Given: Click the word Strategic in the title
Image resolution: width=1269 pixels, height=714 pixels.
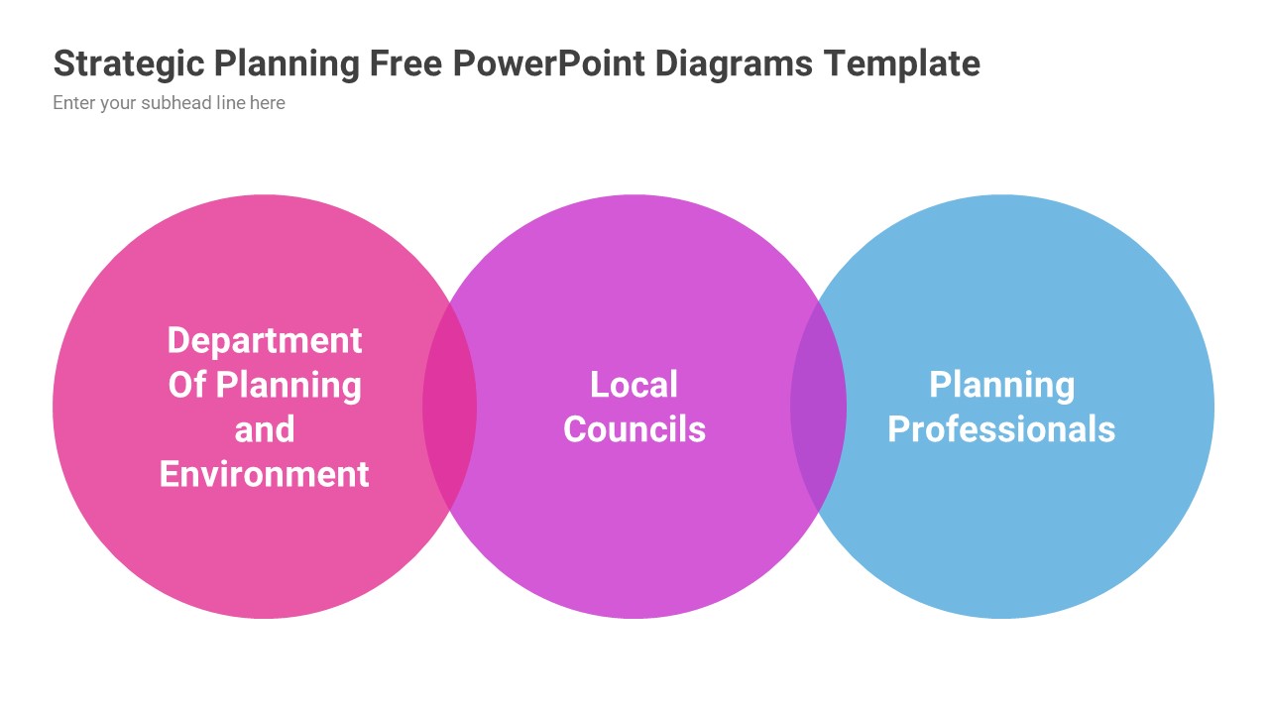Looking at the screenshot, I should (x=128, y=63).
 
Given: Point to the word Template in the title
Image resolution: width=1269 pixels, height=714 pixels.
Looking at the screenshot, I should (x=902, y=63).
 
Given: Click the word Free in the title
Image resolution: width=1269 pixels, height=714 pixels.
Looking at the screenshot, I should (x=405, y=63).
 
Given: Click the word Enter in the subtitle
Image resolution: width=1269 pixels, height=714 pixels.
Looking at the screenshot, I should (x=74, y=103).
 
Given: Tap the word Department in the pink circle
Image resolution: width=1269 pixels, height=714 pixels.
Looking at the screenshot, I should (x=265, y=340).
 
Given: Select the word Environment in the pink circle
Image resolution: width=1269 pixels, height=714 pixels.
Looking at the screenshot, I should (x=265, y=474).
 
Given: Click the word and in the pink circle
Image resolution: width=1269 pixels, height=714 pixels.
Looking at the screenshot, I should (x=265, y=429).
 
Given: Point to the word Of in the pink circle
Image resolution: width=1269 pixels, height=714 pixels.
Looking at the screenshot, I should (x=186, y=385).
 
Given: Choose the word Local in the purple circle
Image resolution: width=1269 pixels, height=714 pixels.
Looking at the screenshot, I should (x=634, y=385).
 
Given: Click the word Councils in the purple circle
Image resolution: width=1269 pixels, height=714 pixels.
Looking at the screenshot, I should (x=634, y=429).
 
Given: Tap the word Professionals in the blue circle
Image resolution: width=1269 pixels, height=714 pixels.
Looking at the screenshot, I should (x=1001, y=429).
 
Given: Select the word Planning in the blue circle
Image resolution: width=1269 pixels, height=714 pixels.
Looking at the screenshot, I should (x=1001, y=385).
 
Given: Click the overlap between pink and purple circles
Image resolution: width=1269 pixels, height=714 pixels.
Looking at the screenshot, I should (x=450, y=407).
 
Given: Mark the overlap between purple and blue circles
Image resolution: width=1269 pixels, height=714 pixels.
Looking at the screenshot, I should (x=819, y=407).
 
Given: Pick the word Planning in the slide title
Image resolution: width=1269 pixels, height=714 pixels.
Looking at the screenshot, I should (x=287, y=63).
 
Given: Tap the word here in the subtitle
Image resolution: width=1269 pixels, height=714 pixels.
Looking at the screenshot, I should (x=268, y=103).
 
